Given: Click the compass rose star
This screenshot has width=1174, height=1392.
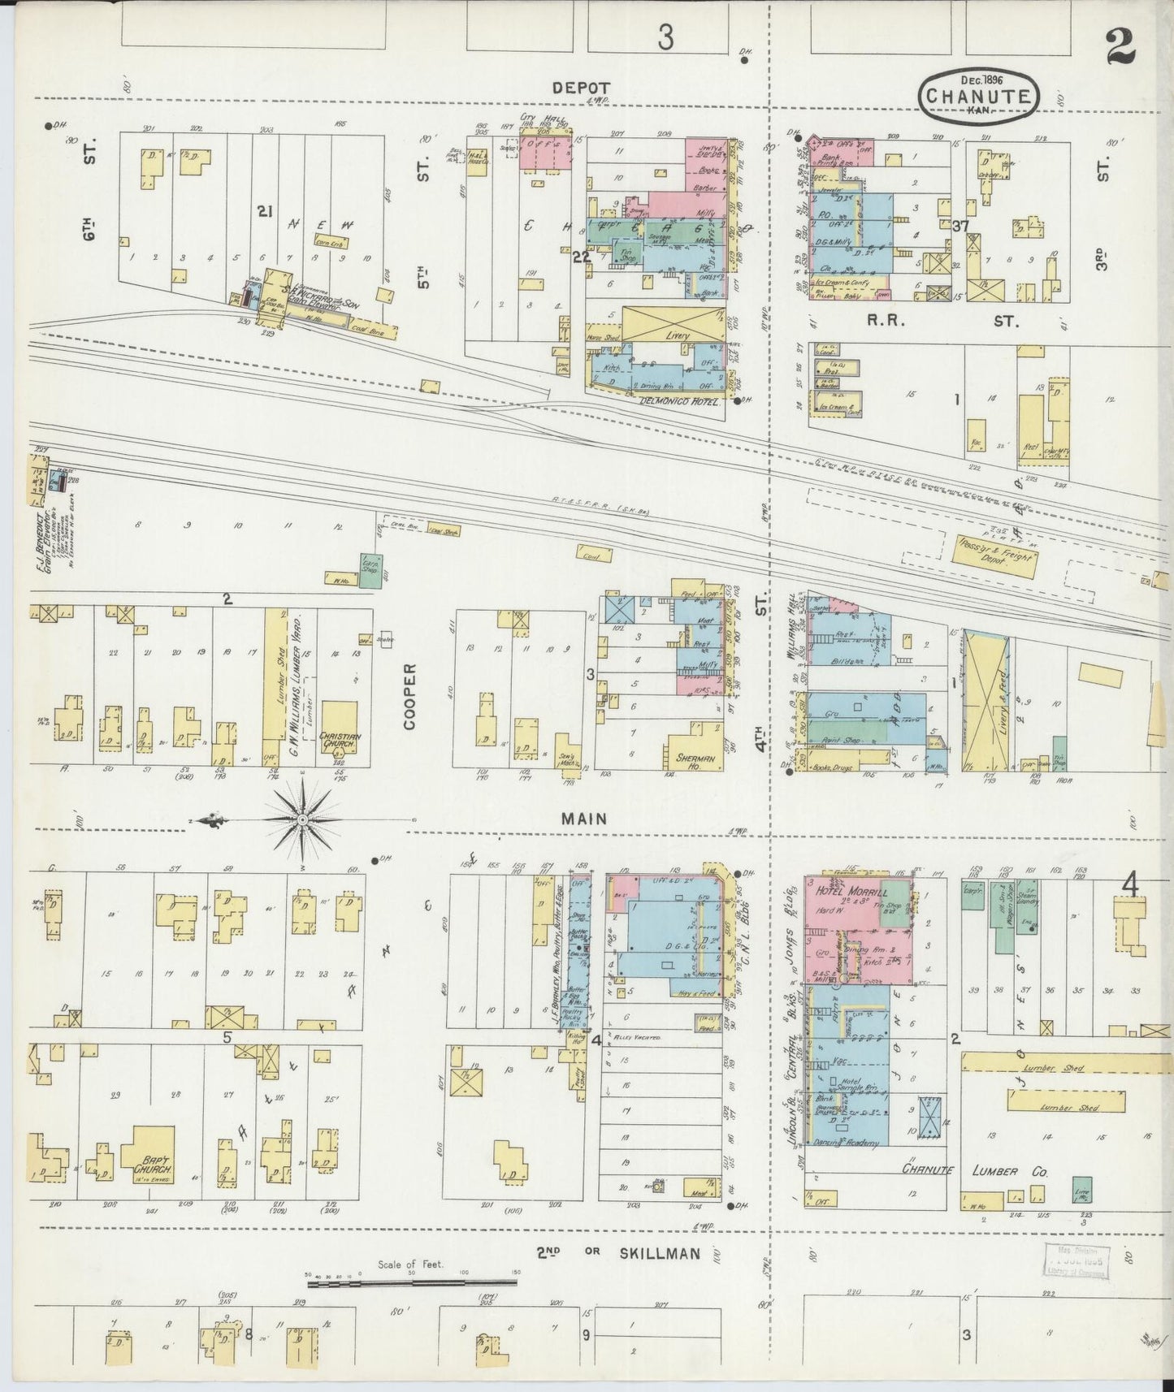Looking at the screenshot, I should (x=302, y=821).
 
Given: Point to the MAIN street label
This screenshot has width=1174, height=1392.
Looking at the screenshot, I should (x=584, y=819).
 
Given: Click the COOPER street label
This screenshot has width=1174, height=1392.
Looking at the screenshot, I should (x=409, y=696).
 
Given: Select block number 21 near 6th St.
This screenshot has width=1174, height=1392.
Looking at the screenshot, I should (x=264, y=211).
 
